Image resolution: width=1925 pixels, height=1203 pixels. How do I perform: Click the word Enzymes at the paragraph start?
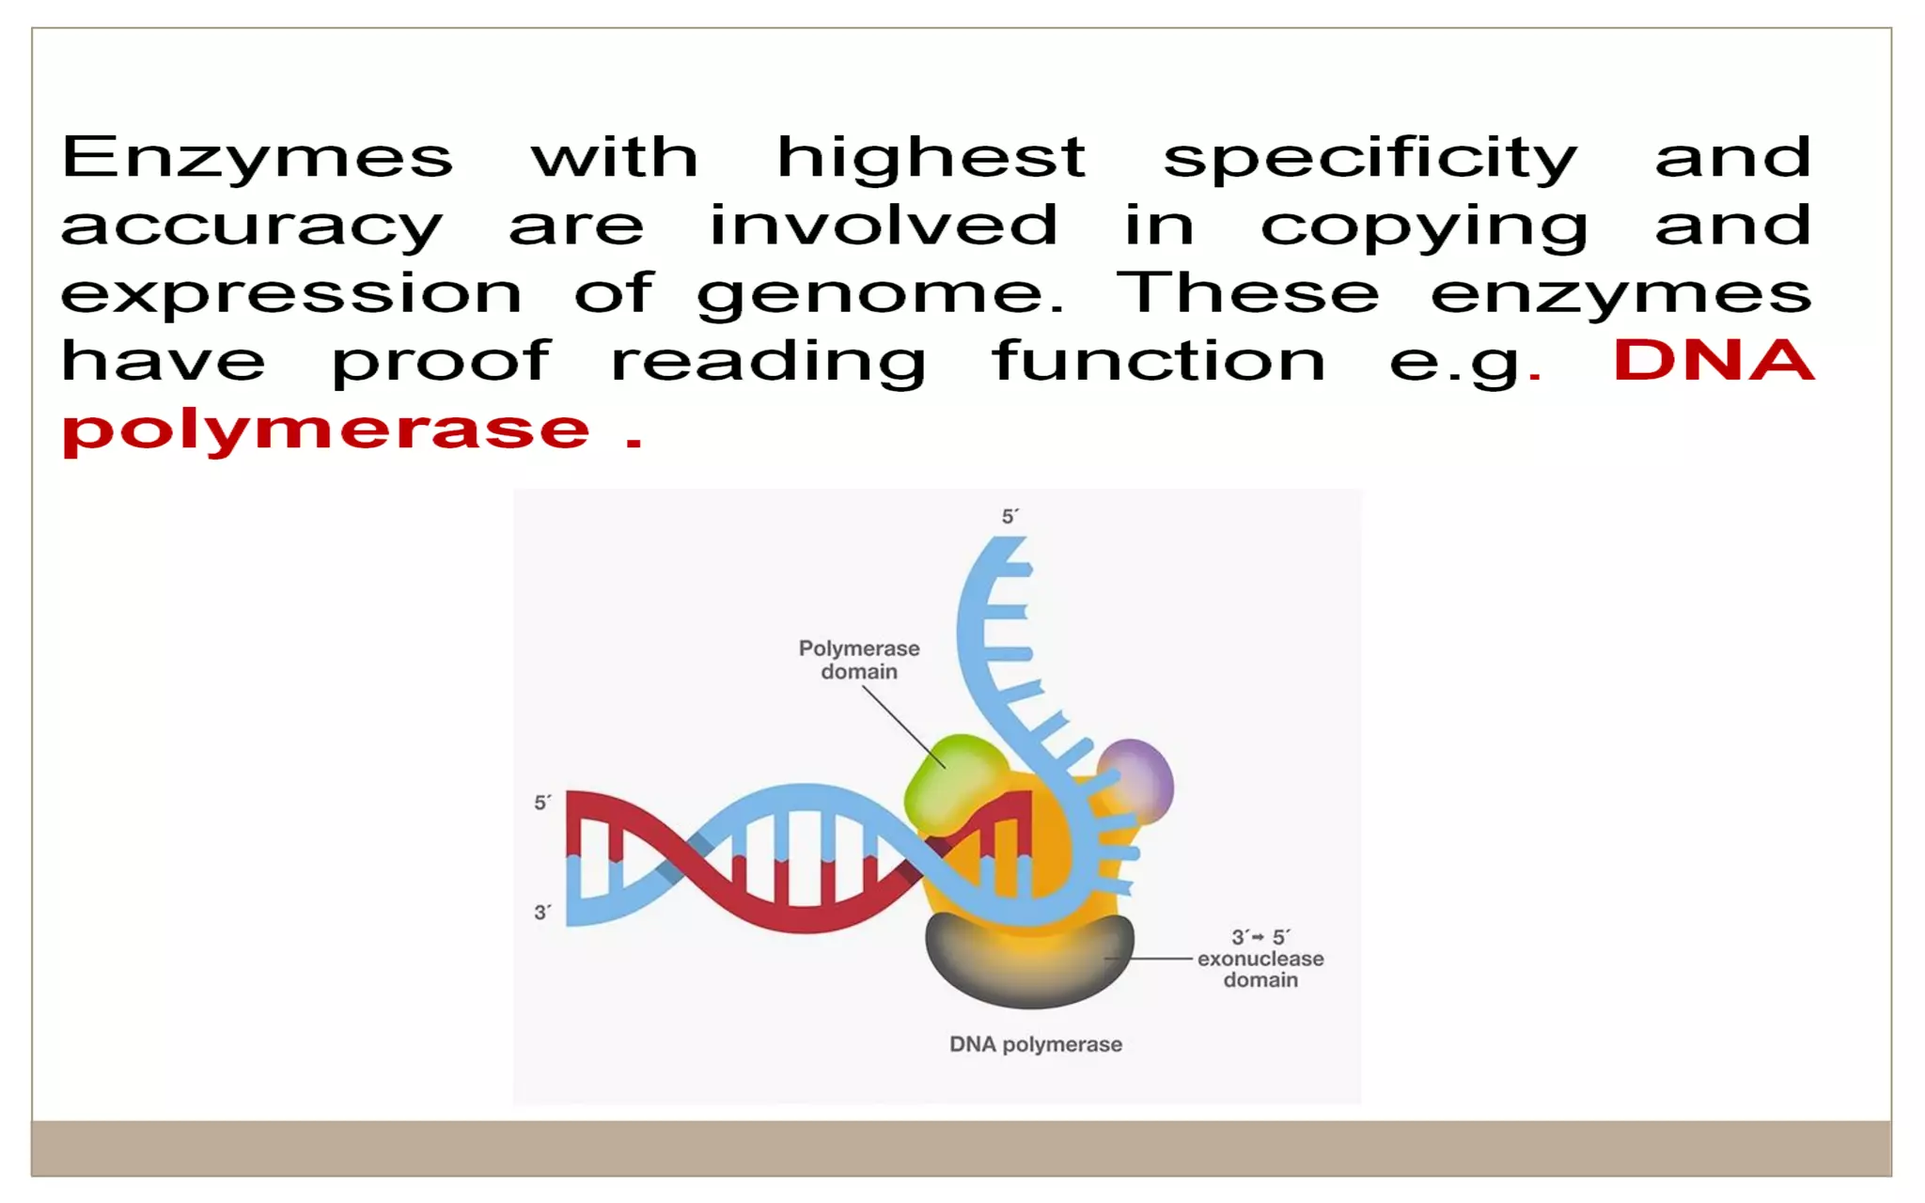[x=257, y=157]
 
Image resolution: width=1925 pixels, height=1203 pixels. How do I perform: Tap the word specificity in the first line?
[x=1369, y=159]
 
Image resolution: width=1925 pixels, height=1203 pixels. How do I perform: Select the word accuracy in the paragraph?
[x=252, y=227]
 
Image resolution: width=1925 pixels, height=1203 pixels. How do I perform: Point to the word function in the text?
[x=1158, y=363]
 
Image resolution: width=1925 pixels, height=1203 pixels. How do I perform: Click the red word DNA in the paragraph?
[x=1714, y=361]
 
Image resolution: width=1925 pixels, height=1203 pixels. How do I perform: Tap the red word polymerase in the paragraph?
[x=325, y=431]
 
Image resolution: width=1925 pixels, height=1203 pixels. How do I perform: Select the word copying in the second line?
[x=1423, y=227]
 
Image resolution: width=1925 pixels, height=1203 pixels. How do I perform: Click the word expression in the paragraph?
[x=291, y=295]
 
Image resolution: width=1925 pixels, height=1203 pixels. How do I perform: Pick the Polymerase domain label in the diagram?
[x=859, y=660]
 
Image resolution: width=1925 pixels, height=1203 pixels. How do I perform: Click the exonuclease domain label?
[x=1260, y=960]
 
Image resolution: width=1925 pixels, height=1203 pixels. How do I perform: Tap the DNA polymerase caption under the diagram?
[x=1035, y=1044]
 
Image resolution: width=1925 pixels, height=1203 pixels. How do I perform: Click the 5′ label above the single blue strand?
[x=1009, y=517]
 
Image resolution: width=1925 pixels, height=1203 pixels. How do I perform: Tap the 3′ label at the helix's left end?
[x=542, y=913]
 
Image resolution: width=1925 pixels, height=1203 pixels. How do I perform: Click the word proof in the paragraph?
[x=441, y=363]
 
